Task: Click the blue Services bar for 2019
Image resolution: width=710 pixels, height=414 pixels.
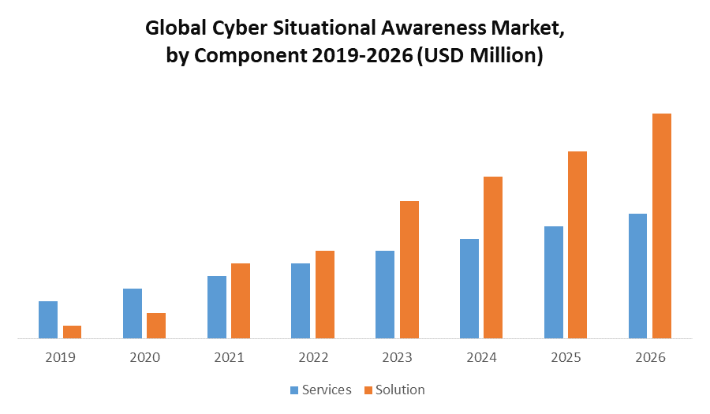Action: coord(48,319)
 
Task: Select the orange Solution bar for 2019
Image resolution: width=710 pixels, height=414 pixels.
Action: coord(72,332)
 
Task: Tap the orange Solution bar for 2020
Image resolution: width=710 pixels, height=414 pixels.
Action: coord(156,326)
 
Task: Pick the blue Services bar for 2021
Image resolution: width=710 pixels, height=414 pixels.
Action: coord(217,307)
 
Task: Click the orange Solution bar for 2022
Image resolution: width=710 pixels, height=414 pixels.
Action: coord(325,294)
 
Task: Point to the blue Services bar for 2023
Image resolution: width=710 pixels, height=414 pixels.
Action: coord(385,294)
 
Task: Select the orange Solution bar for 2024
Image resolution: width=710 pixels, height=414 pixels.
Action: coord(493,257)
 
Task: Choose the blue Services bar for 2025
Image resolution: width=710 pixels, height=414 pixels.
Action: coord(554,282)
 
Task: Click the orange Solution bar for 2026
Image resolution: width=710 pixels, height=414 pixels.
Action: coord(662,226)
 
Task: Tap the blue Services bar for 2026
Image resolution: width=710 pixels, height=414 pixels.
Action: coord(637,276)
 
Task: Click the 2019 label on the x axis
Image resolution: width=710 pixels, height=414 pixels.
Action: coord(60,357)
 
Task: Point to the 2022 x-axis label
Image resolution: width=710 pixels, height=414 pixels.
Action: coord(313,357)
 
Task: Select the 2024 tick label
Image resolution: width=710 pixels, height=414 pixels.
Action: coord(482,357)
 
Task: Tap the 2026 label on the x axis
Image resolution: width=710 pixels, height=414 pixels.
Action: coord(650,357)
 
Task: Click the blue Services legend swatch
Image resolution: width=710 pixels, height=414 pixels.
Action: coord(295,390)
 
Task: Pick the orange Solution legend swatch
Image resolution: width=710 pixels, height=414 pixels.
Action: coord(368,390)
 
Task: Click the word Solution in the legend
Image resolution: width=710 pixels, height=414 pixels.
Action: coord(400,390)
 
